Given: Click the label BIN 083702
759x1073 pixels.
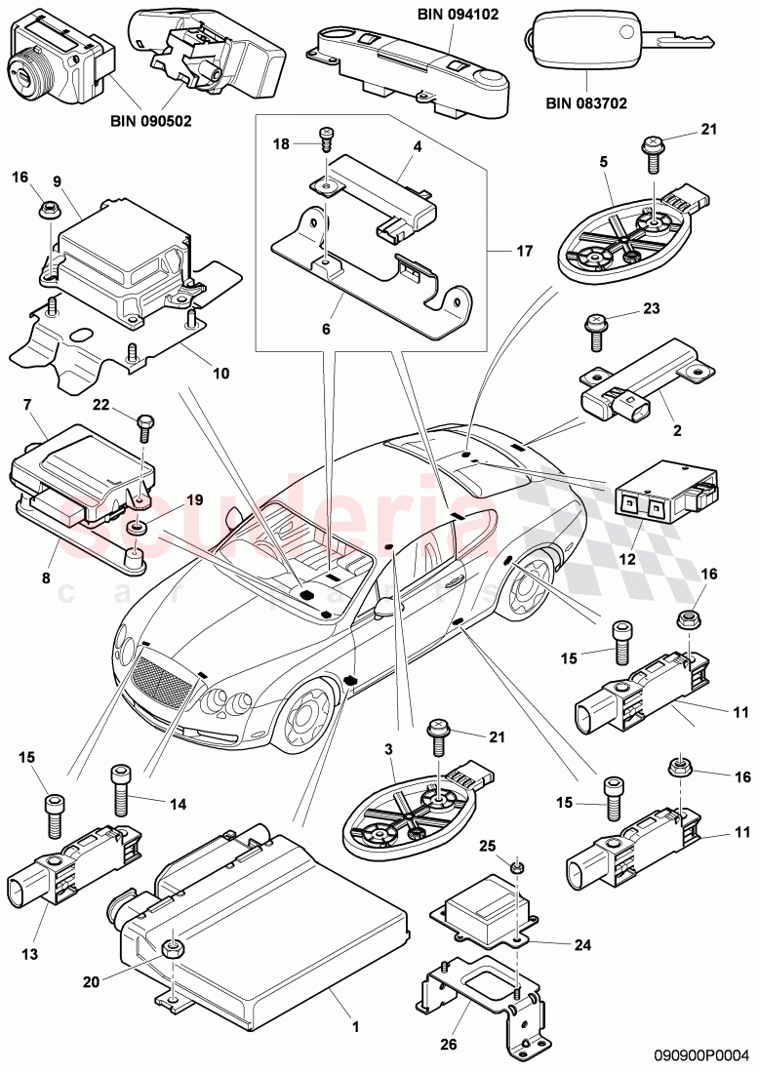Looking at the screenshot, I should tap(585, 101).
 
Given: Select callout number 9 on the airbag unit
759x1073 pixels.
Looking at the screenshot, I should tap(57, 180).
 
